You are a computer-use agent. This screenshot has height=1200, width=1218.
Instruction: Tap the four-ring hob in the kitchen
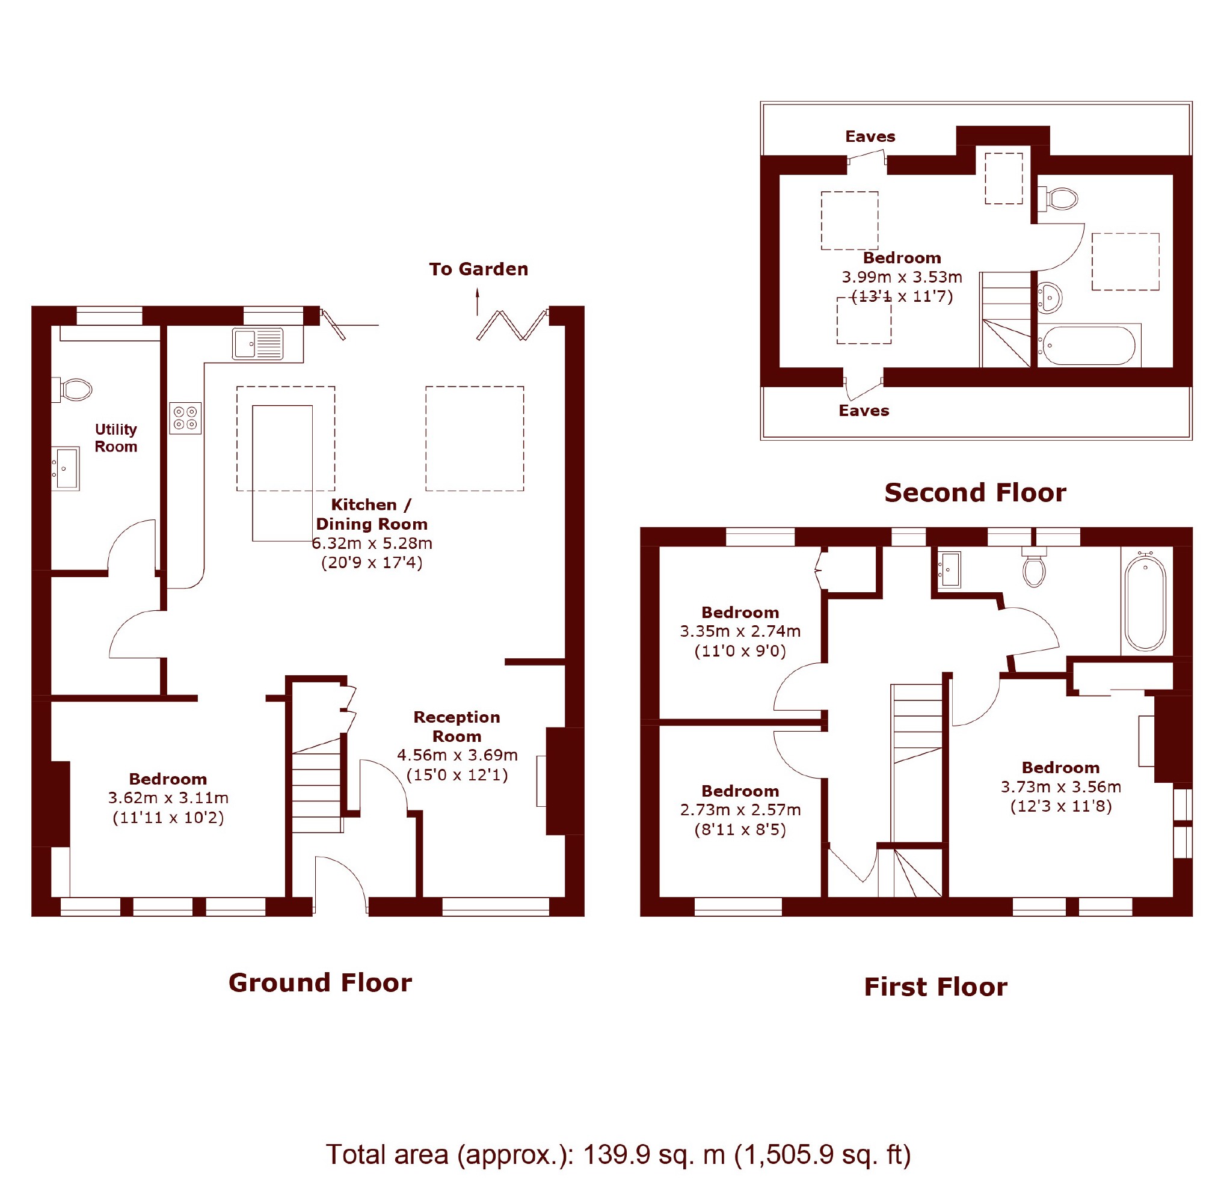[185, 418]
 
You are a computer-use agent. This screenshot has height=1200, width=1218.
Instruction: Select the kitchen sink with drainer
[258, 343]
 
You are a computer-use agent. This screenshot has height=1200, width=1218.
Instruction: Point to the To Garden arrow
[477, 301]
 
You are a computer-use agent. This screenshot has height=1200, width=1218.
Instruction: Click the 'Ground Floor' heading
[320, 982]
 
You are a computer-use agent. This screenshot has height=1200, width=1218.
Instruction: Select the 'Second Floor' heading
[975, 492]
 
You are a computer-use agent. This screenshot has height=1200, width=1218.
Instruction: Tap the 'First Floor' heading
[935, 987]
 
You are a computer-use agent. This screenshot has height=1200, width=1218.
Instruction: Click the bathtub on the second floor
[1089, 345]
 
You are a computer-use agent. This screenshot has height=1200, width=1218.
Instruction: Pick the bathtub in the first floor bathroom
[1145, 602]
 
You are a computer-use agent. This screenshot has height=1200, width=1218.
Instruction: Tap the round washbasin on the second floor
[1049, 297]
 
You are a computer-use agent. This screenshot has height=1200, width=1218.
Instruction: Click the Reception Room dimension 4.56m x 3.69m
[457, 755]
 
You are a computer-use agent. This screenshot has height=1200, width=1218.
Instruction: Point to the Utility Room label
[116, 438]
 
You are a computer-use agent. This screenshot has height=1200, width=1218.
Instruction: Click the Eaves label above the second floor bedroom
[870, 136]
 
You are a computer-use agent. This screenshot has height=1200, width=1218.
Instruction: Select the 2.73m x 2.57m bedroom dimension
[740, 810]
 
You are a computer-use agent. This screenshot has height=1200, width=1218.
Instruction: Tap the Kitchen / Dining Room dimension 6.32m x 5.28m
[372, 543]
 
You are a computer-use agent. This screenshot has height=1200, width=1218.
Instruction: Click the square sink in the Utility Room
[66, 468]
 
